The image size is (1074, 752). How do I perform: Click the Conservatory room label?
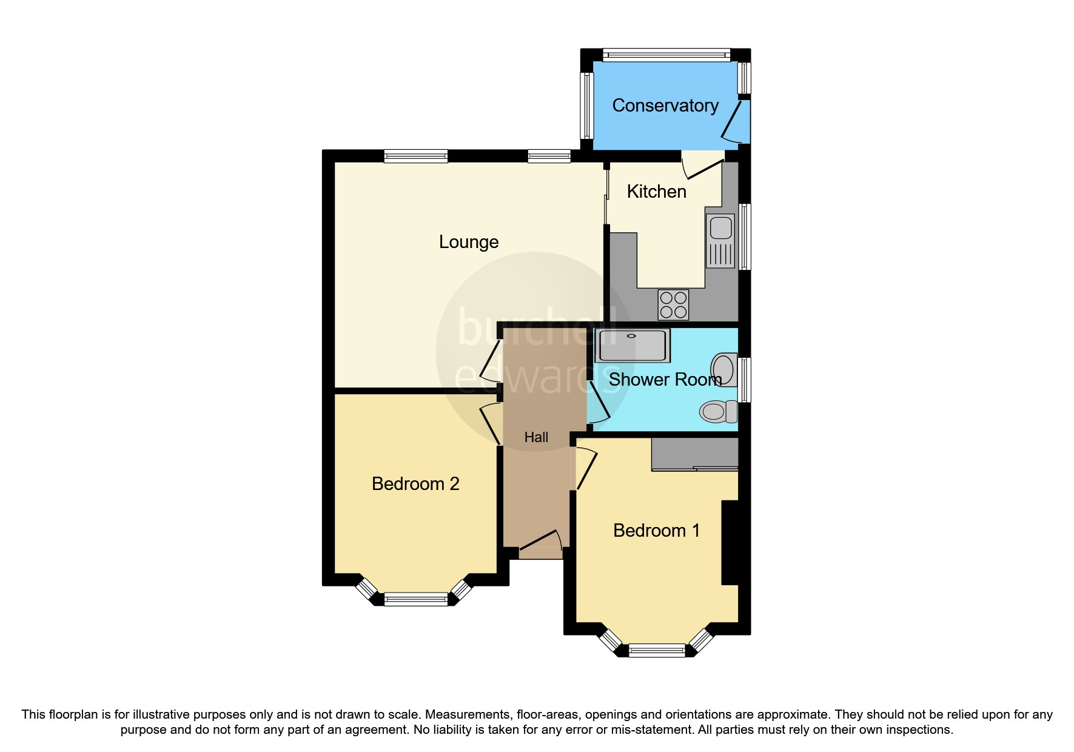pos(665,106)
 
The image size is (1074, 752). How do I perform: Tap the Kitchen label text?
pos(656,192)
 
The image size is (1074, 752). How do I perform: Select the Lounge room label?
pos(468,242)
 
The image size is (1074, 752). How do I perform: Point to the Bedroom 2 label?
pos(415,484)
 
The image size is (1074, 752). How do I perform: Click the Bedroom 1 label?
pos(656,531)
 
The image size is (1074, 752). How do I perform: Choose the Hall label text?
pos(536,437)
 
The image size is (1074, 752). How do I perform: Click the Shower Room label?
pos(665,380)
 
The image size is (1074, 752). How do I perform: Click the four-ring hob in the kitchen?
pos(673,305)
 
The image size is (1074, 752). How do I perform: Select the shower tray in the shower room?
pos(632,346)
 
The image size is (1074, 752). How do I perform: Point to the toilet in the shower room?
pos(717,412)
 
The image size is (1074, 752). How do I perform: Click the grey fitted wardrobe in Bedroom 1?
pos(694,454)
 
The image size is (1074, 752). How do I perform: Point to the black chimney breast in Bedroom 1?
pos(730,542)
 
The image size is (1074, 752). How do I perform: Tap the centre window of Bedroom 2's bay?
pos(415,600)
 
